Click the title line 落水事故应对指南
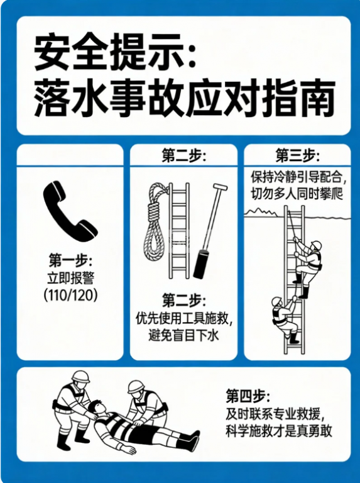(x=184, y=97)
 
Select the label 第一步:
(x=70, y=260)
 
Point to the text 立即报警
(x=70, y=278)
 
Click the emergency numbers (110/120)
(x=70, y=295)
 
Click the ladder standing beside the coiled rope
(x=179, y=231)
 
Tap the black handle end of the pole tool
(x=200, y=265)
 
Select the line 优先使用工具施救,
(x=184, y=318)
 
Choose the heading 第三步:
(x=298, y=155)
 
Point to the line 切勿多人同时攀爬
(x=297, y=194)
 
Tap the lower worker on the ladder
(x=285, y=319)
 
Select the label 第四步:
(x=248, y=396)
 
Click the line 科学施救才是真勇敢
(x=279, y=431)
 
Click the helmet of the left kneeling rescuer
(x=80, y=377)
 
